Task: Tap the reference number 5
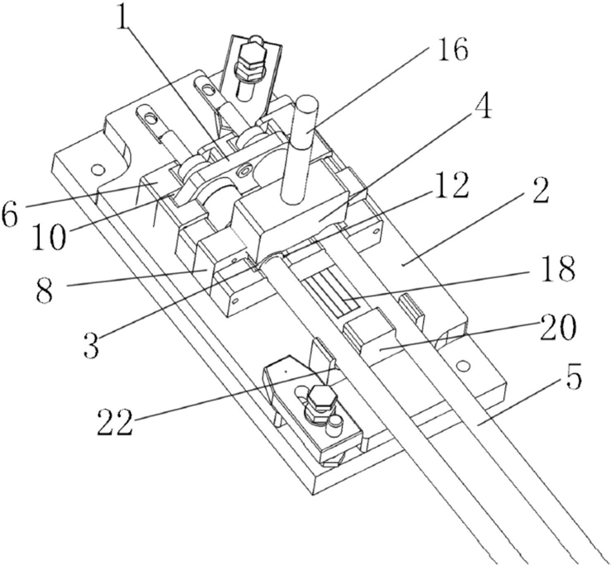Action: coord(570,379)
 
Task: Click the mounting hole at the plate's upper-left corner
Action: coord(98,170)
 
